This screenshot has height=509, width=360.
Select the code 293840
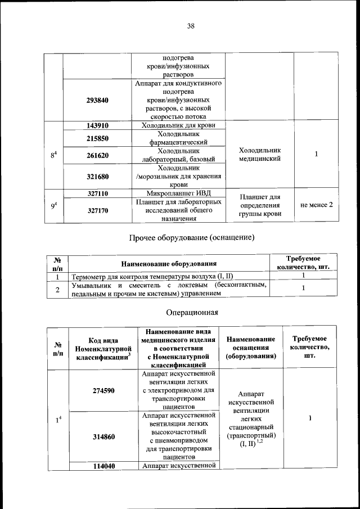click(x=97, y=100)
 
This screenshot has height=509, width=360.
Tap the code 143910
click(x=97, y=125)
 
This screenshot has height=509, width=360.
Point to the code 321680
click(x=97, y=176)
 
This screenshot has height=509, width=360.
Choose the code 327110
click(x=97, y=193)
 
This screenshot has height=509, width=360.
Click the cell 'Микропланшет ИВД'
click(x=178, y=193)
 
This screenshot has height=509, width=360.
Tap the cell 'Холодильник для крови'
click(x=178, y=125)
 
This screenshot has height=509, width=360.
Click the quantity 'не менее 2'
click(x=317, y=205)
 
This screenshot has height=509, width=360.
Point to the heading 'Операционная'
click(x=192, y=312)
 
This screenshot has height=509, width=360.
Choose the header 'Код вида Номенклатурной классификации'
click(x=103, y=349)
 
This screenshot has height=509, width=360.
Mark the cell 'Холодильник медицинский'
click(x=259, y=155)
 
